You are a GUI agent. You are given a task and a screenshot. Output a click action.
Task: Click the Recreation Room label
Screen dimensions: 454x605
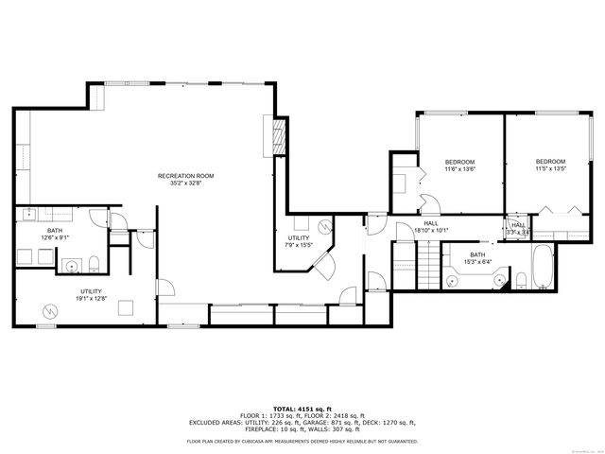point(185,178)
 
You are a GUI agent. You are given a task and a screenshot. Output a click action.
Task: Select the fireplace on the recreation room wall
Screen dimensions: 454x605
point(277,138)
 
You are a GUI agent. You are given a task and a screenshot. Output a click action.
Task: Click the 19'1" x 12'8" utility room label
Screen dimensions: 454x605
point(91,294)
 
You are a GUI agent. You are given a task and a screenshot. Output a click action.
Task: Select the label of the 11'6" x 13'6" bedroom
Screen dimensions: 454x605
point(459,166)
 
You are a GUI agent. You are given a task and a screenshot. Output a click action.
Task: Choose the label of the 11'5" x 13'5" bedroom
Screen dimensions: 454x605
point(550,165)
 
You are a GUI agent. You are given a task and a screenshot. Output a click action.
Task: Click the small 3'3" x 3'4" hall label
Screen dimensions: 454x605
point(518,228)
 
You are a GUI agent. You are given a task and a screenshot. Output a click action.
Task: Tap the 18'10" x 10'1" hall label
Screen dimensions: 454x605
point(430,227)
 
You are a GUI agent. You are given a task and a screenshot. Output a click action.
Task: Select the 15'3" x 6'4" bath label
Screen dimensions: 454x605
point(478,257)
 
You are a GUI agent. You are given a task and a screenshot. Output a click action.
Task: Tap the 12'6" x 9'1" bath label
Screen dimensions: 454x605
point(54,234)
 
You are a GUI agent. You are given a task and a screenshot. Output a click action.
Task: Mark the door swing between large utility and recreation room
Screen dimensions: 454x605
point(164,285)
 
